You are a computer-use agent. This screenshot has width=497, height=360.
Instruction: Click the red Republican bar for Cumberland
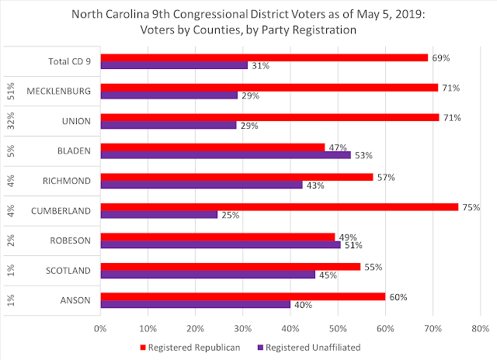[x=272, y=206]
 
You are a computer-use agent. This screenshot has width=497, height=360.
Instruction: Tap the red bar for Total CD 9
[x=264, y=57]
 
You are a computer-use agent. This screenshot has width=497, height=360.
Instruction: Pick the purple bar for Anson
[x=194, y=304]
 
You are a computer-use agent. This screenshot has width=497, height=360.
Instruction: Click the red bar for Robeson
[x=217, y=237]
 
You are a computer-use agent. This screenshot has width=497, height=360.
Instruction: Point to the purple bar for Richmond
[x=202, y=185]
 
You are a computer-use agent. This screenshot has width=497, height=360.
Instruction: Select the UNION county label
[x=80, y=121]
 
